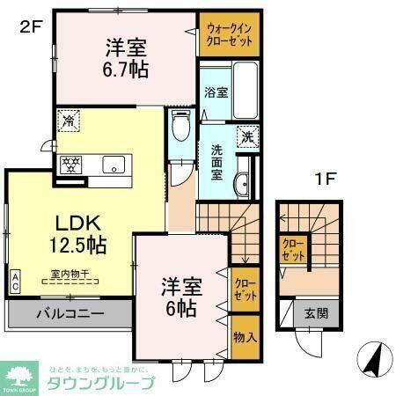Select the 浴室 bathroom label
pos(216,91)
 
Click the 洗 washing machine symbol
pos(249,137)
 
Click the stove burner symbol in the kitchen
pos(70,164)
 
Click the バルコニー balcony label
pos(70,313)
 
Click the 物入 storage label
pos(246,338)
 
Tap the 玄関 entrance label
pos(314,312)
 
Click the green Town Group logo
pos(20,377)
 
